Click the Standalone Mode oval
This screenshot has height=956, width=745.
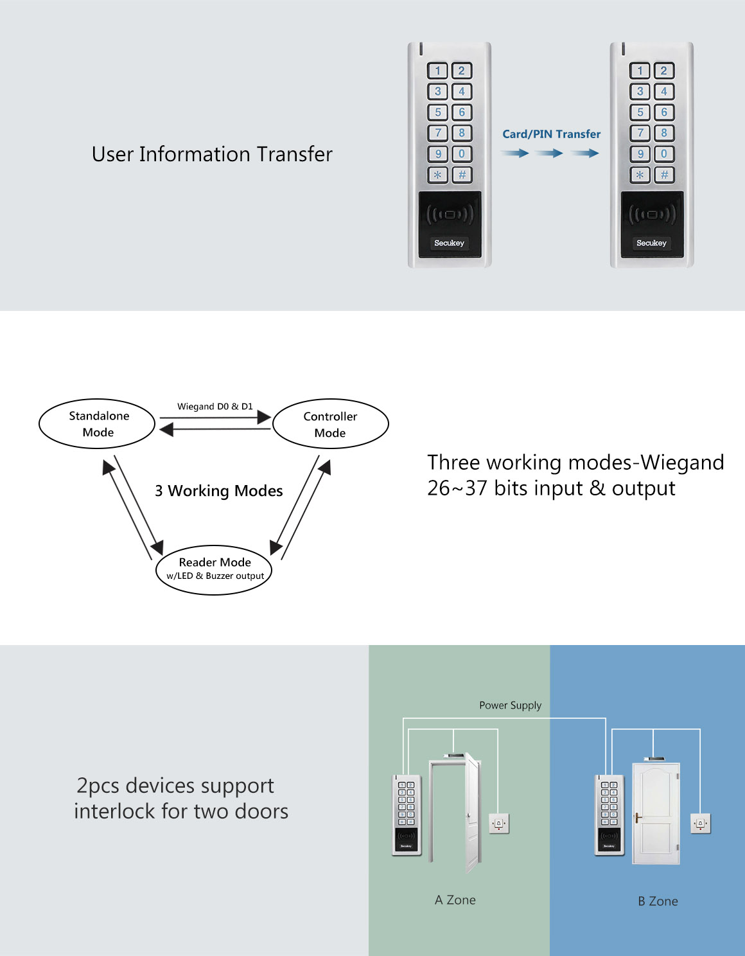pyautogui.click(x=98, y=423)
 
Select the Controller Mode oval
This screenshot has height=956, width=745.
pyautogui.click(x=330, y=424)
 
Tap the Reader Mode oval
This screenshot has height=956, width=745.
pyautogui.click(x=215, y=569)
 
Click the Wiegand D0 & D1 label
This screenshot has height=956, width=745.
pyautogui.click(x=215, y=407)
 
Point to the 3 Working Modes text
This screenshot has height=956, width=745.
pyautogui.click(x=219, y=491)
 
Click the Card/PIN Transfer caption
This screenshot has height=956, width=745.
pyautogui.click(x=551, y=134)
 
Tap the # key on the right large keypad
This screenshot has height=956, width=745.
pyautogui.click(x=664, y=175)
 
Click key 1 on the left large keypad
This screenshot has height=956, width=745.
pyautogui.click(x=438, y=71)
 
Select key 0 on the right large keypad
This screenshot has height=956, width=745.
pyautogui.click(x=664, y=154)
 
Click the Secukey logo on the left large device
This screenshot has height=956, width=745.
pyautogui.click(x=449, y=243)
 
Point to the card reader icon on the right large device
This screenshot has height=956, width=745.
pyautogui.click(x=651, y=214)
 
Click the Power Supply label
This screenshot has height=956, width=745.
pyautogui.click(x=510, y=705)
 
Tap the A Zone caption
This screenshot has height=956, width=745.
pyautogui.click(x=455, y=900)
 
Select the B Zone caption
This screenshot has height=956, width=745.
pyautogui.click(x=658, y=901)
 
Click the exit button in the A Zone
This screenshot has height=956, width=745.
pyautogui.click(x=499, y=823)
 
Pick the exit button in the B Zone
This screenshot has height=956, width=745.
pyautogui.click(x=700, y=823)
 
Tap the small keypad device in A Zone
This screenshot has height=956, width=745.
pyautogui.click(x=407, y=815)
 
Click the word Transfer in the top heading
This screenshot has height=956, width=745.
pyautogui.click(x=294, y=154)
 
